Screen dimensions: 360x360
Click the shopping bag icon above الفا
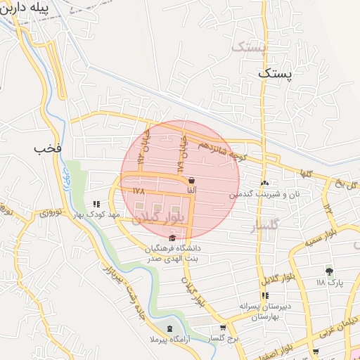(191, 180)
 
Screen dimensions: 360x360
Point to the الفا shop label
(191, 190)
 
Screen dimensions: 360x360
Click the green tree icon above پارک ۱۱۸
(328, 271)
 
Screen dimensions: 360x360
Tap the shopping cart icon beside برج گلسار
(223, 327)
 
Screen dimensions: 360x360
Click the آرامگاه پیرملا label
(169, 339)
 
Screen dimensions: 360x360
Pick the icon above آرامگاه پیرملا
(169, 328)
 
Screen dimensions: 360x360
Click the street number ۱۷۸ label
(137, 191)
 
